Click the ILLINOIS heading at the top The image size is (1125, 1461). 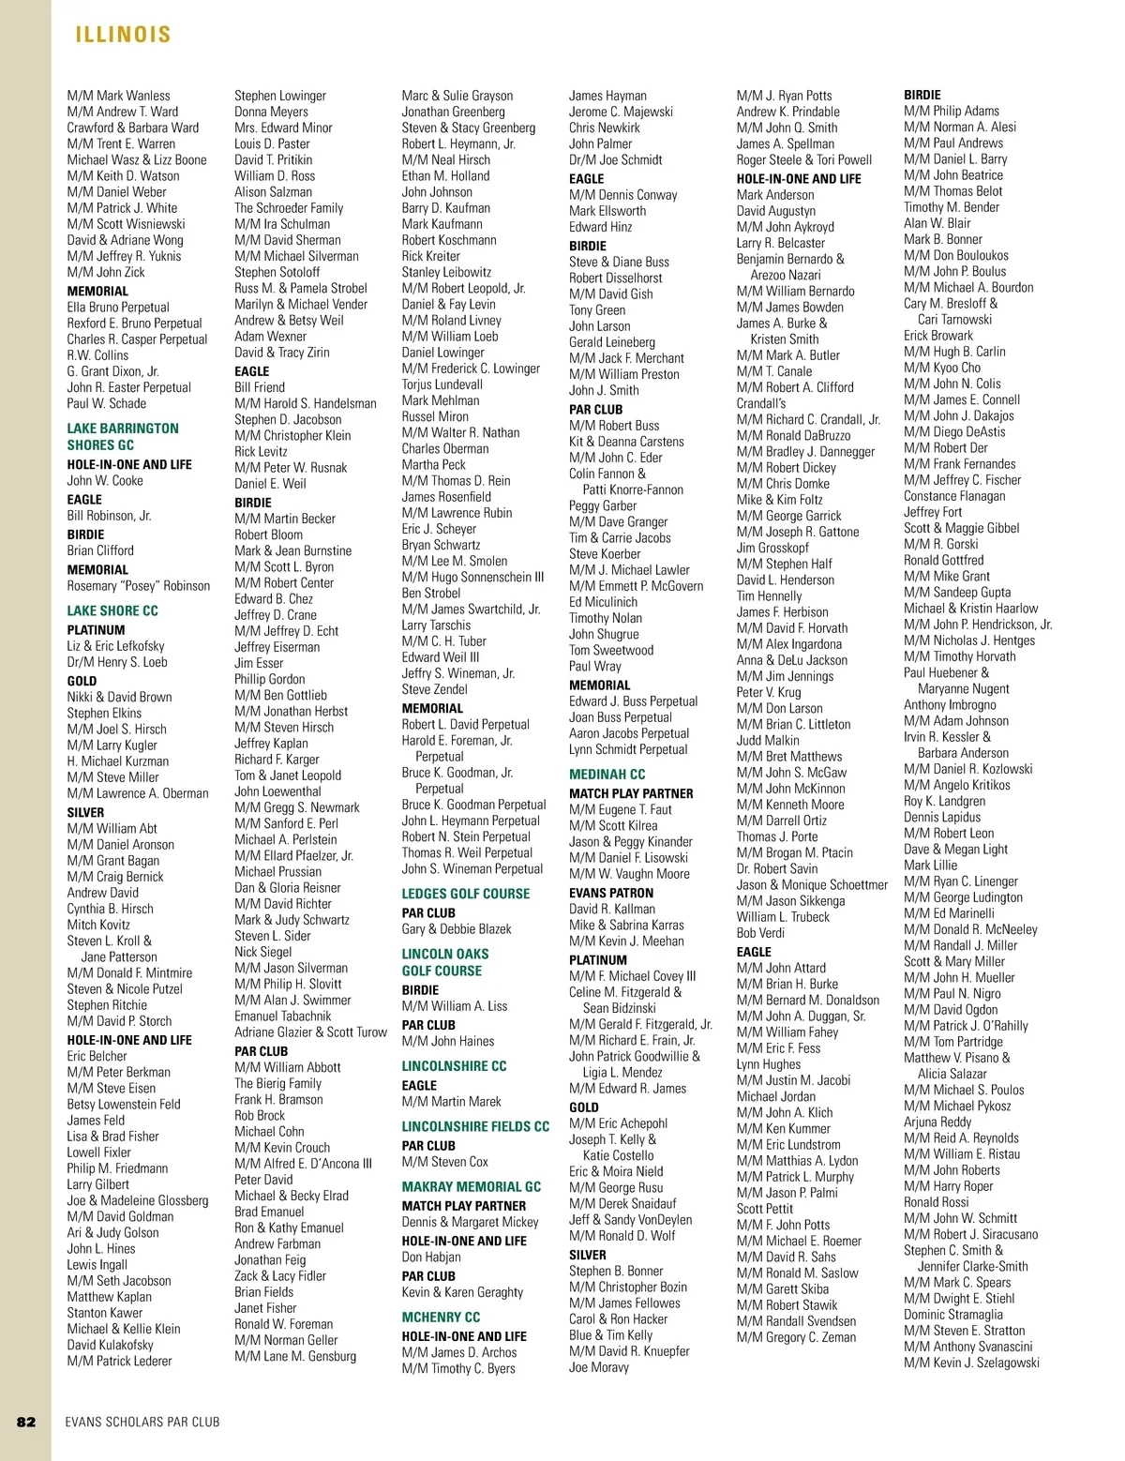pyautogui.click(x=123, y=35)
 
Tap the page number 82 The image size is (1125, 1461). pyautogui.click(x=26, y=1422)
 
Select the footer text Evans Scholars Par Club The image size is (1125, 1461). pyautogui.click(x=142, y=1422)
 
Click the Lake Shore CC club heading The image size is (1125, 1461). pyautogui.click(x=112, y=610)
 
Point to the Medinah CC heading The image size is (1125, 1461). pyautogui.click(x=607, y=775)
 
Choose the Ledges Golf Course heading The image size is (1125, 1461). pyautogui.click(x=466, y=894)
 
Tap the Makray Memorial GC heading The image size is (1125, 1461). pyautogui.click(x=472, y=1186)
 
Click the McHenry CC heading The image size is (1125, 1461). pyautogui.click(x=441, y=1317)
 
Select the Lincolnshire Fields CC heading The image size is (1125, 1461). pyautogui.click(x=475, y=1126)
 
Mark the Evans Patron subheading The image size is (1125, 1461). pyautogui.click(x=611, y=893)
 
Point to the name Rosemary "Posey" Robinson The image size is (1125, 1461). pyautogui.click(x=139, y=586)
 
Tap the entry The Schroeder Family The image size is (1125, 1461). pyautogui.click(x=289, y=208)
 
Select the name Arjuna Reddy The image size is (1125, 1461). pyautogui.click(x=937, y=1122)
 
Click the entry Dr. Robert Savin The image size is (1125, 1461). pyautogui.click(x=777, y=868)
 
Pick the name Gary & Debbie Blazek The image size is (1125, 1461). pyautogui.click(x=457, y=929)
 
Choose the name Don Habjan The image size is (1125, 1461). pyautogui.click(x=431, y=1258)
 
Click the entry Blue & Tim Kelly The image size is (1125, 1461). pyautogui.click(x=610, y=1335)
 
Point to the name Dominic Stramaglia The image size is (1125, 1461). pyautogui.click(x=953, y=1315)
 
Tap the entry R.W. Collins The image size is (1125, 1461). pyautogui.click(x=97, y=355)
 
